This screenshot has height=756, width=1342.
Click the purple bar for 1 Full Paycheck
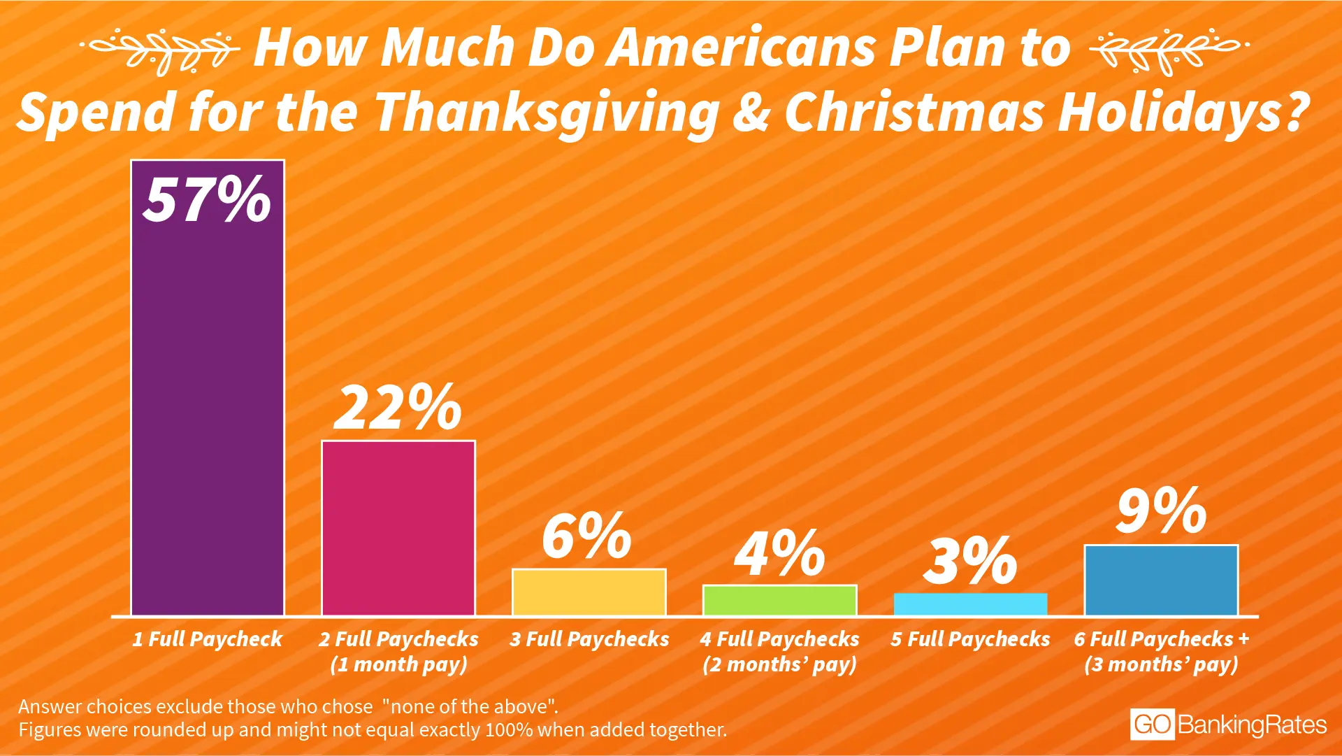click(208, 420)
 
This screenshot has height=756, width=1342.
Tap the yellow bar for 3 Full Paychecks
click(589, 592)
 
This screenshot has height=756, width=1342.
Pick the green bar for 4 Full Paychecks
click(780, 601)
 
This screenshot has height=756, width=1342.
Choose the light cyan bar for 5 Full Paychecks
click(970, 605)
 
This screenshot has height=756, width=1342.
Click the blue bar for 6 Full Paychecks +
click(1161, 580)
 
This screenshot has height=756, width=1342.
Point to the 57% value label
click(207, 200)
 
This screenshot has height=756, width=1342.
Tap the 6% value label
click(587, 536)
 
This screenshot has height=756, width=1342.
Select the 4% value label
click(779, 554)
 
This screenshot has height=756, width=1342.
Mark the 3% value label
click(970, 562)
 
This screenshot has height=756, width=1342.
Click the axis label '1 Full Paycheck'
click(207, 639)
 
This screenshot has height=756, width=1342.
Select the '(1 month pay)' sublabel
click(398, 664)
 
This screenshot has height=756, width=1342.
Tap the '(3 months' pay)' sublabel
click(1161, 664)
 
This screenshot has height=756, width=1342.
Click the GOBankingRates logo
click(1228, 725)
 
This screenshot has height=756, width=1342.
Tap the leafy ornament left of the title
click(161, 49)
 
